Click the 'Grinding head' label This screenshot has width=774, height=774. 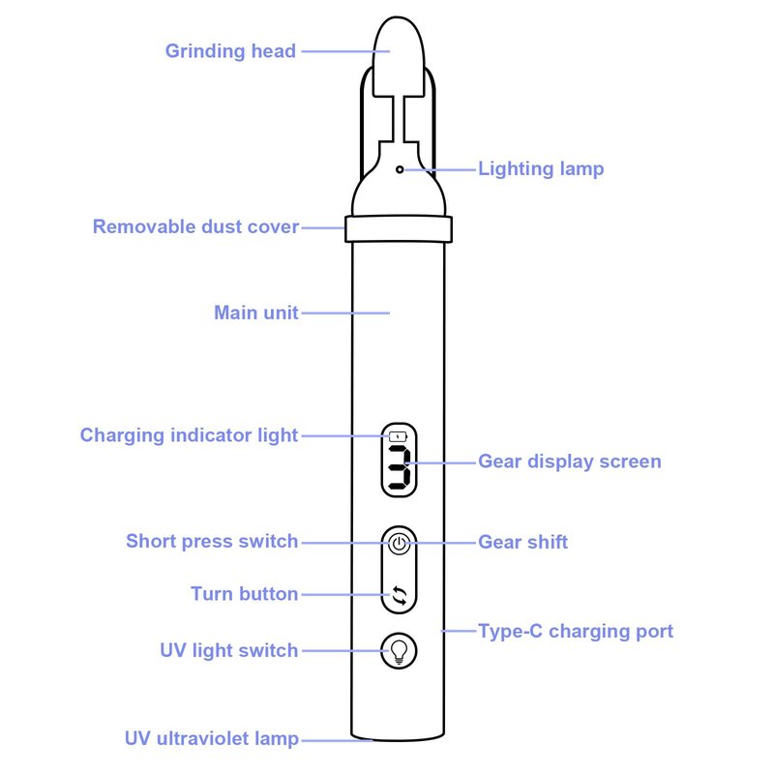[x=230, y=51]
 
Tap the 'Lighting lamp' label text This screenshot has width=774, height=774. [x=541, y=168]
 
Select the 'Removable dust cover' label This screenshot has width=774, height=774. [x=196, y=226]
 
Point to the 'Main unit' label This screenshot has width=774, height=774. [x=256, y=313]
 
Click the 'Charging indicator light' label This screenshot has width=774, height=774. [x=189, y=435]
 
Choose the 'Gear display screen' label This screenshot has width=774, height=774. [x=570, y=461]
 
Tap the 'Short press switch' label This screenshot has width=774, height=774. [x=212, y=541]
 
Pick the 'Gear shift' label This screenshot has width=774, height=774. [x=522, y=542]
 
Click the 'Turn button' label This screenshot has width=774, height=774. [x=245, y=594]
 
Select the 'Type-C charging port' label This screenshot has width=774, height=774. [x=576, y=632]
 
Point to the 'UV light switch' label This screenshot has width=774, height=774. [x=229, y=650]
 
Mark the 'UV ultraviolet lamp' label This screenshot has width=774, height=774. [x=212, y=738]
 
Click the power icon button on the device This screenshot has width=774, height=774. [x=400, y=544]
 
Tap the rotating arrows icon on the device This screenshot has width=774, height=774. [x=400, y=595]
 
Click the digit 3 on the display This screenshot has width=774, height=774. [x=400, y=468]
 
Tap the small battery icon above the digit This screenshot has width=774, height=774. [x=399, y=437]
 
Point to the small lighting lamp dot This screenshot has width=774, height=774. [x=400, y=170]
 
